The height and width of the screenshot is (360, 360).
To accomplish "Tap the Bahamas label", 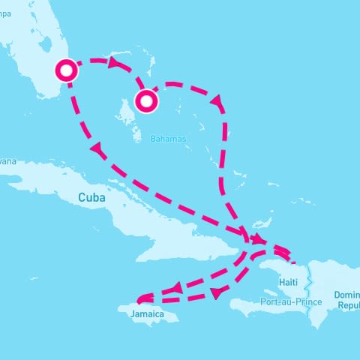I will pyautogui.click(x=168, y=139).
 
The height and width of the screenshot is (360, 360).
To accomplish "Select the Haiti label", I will pyautogui.click(x=288, y=281).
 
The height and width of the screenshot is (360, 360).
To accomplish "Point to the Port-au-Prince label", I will pyautogui.click(x=291, y=301).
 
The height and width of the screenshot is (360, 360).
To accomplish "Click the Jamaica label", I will pyautogui.click(x=147, y=314).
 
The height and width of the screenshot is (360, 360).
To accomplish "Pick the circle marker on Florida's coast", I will pyautogui.click(x=67, y=71).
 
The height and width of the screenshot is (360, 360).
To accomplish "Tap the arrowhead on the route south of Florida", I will pyautogui.click(x=96, y=150).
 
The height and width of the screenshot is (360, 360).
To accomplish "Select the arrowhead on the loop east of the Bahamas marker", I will pyautogui.click(x=218, y=100).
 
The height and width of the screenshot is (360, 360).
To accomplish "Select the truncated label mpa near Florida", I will pyautogui.click(x=7, y=12).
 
